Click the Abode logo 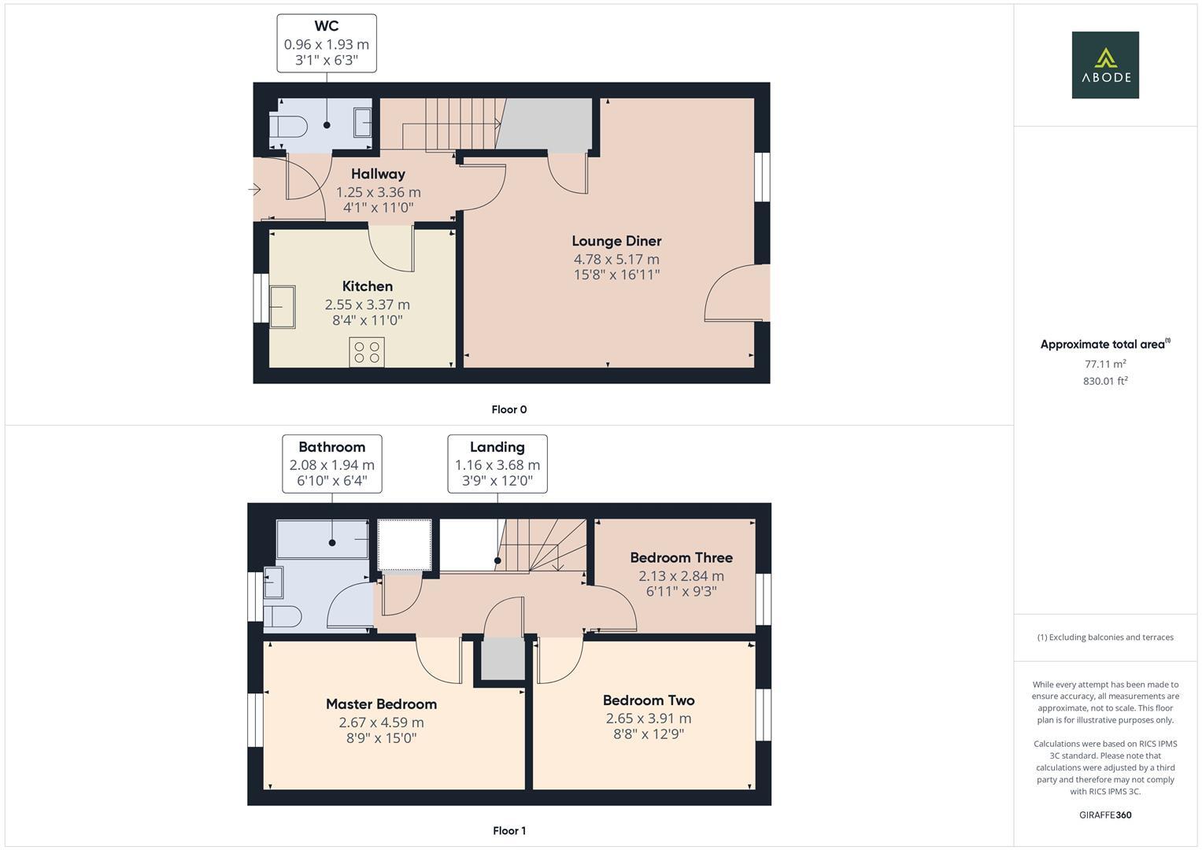pyautogui.click(x=1104, y=65)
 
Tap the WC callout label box pyautogui.click(x=326, y=43)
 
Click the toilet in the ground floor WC pyautogui.click(x=287, y=126)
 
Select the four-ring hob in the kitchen pyautogui.click(x=367, y=352)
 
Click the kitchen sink pyautogui.click(x=282, y=306)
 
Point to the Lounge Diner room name pyautogui.click(x=616, y=241)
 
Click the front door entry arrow pyautogui.click(x=254, y=189)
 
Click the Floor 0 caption pyautogui.click(x=509, y=409)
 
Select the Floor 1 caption pyautogui.click(x=509, y=830)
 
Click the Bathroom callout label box pyautogui.click(x=331, y=464)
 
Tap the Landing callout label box pyautogui.click(x=497, y=464)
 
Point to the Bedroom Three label pyautogui.click(x=681, y=557)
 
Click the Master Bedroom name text pyautogui.click(x=381, y=704)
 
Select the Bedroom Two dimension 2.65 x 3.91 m pyautogui.click(x=648, y=718)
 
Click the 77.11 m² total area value pyautogui.click(x=1104, y=364)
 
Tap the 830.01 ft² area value pyautogui.click(x=1104, y=381)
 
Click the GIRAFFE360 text pyautogui.click(x=1104, y=815)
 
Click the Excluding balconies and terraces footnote pyautogui.click(x=1104, y=637)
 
